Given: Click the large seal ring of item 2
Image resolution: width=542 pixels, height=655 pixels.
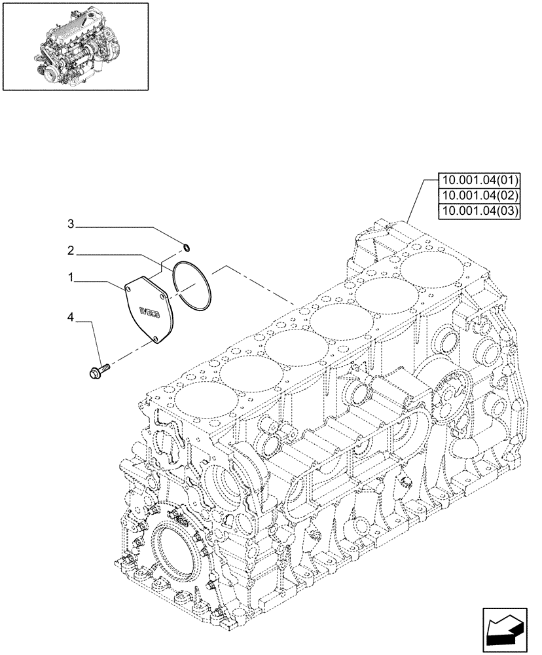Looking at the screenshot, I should pyautogui.click(x=192, y=286).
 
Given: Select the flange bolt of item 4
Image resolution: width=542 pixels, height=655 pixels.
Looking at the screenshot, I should pyautogui.click(x=96, y=372).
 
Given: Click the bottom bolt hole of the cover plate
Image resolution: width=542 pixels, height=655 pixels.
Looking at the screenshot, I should pyautogui.click(x=157, y=339).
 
